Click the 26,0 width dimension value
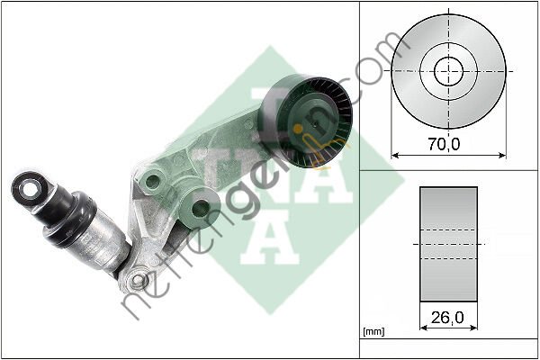point(448,316)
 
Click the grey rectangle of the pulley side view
point(448,242)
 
